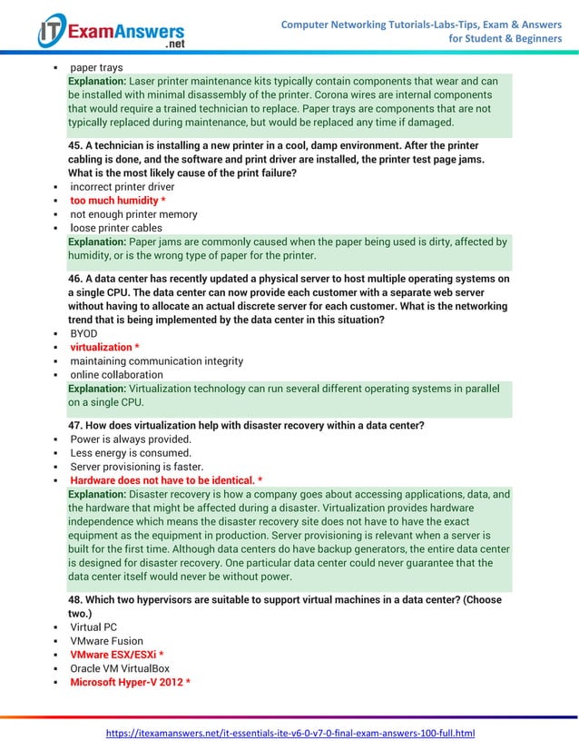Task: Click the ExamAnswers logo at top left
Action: click(x=110, y=31)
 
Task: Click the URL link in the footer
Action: click(x=290, y=733)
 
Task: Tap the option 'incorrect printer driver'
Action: click(x=122, y=187)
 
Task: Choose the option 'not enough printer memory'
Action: click(x=133, y=214)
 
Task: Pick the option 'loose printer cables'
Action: click(x=116, y=228)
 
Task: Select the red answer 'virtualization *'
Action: click(x=104, y=347)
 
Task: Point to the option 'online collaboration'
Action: click(x=116, y=374)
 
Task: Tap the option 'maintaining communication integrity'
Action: click(x=156, y=360)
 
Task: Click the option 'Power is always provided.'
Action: click(x=131, y=439)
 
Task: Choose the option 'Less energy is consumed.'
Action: click(x=131, y=453)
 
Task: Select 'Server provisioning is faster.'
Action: click(x=136, y=467)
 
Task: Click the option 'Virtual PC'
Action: click(x=93, y=627)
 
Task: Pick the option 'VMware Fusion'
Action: click(x=106, y=641)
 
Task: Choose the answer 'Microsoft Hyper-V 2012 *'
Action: click(x=130, y=682)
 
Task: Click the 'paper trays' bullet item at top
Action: click(x=96, y=68)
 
